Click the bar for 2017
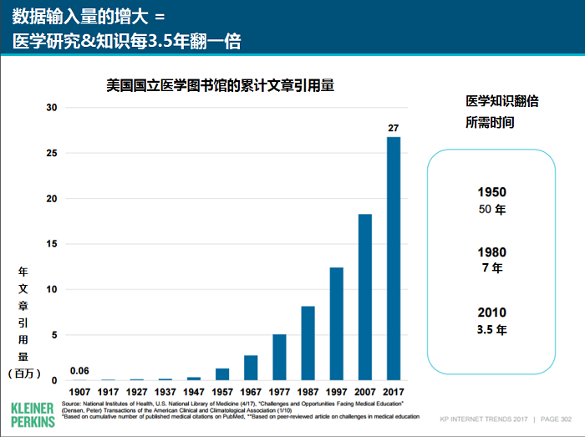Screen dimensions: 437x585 click(x=393, y=258)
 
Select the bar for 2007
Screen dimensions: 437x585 click(x=365, y=297)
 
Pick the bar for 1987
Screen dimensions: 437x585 click(x=308, y=343)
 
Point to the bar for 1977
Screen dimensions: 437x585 click(x=279, y=357)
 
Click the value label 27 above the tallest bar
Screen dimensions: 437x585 click(x=393, y=128)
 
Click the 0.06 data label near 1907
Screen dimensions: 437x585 click(x=80, y=371)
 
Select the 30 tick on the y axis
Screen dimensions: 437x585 click(x=52, y=108)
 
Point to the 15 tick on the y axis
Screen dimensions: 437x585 click(x=52, y=244)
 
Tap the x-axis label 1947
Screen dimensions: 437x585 click(x=194, y=391)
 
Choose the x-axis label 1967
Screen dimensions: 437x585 click(x=251, y=391)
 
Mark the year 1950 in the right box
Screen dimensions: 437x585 click(x=491, y=192)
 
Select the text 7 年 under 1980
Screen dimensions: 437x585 click(x=491, y=268)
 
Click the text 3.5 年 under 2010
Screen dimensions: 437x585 click(x=491, y=329)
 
